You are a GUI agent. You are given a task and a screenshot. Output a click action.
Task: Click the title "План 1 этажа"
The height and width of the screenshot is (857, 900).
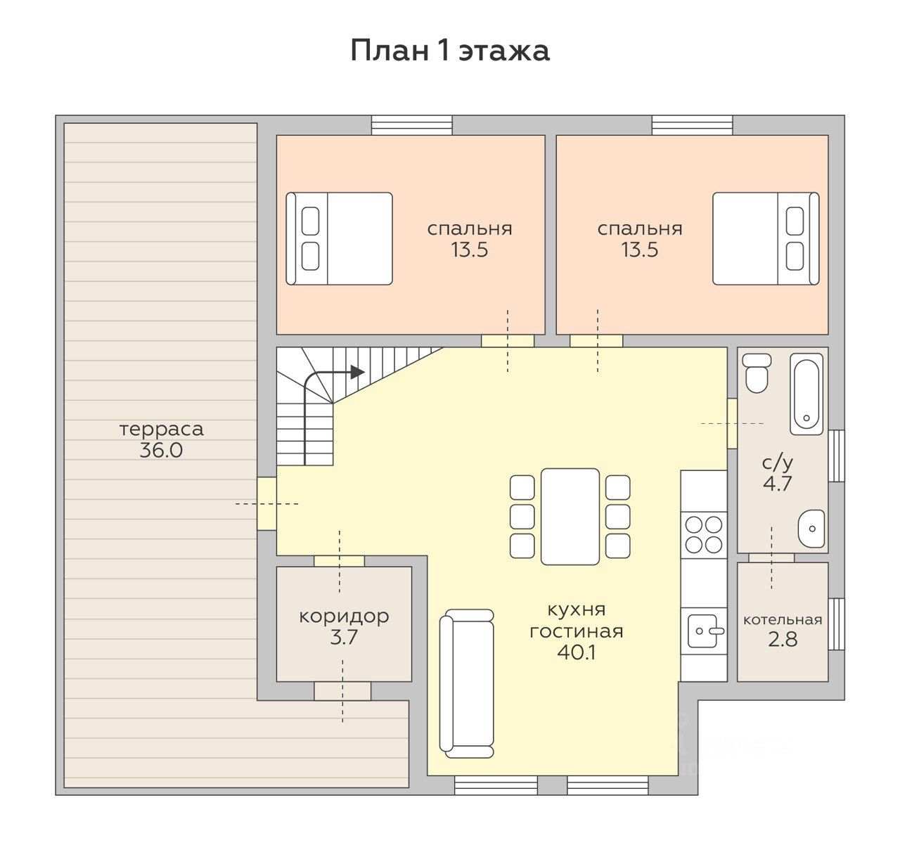point(449,51)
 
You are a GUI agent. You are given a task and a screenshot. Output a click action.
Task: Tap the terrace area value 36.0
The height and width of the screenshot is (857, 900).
point(161,451)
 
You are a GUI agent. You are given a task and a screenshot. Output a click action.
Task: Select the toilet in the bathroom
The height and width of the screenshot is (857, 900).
point(757,373)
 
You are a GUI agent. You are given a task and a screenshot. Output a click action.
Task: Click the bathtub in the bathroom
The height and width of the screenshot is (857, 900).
point(806,394)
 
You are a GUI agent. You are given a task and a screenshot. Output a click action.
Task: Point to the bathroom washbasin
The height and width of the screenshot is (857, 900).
point(811,528)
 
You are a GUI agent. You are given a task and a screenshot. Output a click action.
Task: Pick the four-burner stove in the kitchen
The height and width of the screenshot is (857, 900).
point(704,534)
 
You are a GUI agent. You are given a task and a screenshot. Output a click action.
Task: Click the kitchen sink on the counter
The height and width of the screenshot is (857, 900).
point(704,631)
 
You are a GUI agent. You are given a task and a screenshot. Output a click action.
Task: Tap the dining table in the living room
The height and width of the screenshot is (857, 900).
point(570,517)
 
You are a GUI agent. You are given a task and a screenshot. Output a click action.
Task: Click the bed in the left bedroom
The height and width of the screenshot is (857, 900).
point(339,238)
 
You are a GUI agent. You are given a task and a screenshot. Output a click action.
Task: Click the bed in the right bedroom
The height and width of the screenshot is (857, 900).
point(766,238)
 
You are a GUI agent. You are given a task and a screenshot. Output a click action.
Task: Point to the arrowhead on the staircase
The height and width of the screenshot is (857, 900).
point(357,371)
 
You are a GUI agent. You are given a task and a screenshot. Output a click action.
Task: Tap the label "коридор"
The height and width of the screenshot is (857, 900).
point(344,616)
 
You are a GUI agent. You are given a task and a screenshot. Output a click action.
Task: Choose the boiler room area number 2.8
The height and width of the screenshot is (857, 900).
point(783,640)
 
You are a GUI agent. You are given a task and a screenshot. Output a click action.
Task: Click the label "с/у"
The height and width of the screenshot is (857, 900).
point(778,463)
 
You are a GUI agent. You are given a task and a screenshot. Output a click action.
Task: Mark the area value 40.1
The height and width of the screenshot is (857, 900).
point(577,653)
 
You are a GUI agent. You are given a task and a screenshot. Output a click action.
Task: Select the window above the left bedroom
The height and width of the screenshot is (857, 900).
point(411,125)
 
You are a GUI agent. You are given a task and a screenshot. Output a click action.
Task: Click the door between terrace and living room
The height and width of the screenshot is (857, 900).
point(266,503)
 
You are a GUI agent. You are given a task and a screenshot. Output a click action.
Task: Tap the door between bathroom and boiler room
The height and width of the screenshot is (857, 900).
point(771,557)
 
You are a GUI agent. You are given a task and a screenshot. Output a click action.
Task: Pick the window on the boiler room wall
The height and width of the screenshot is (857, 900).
point(837,624)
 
